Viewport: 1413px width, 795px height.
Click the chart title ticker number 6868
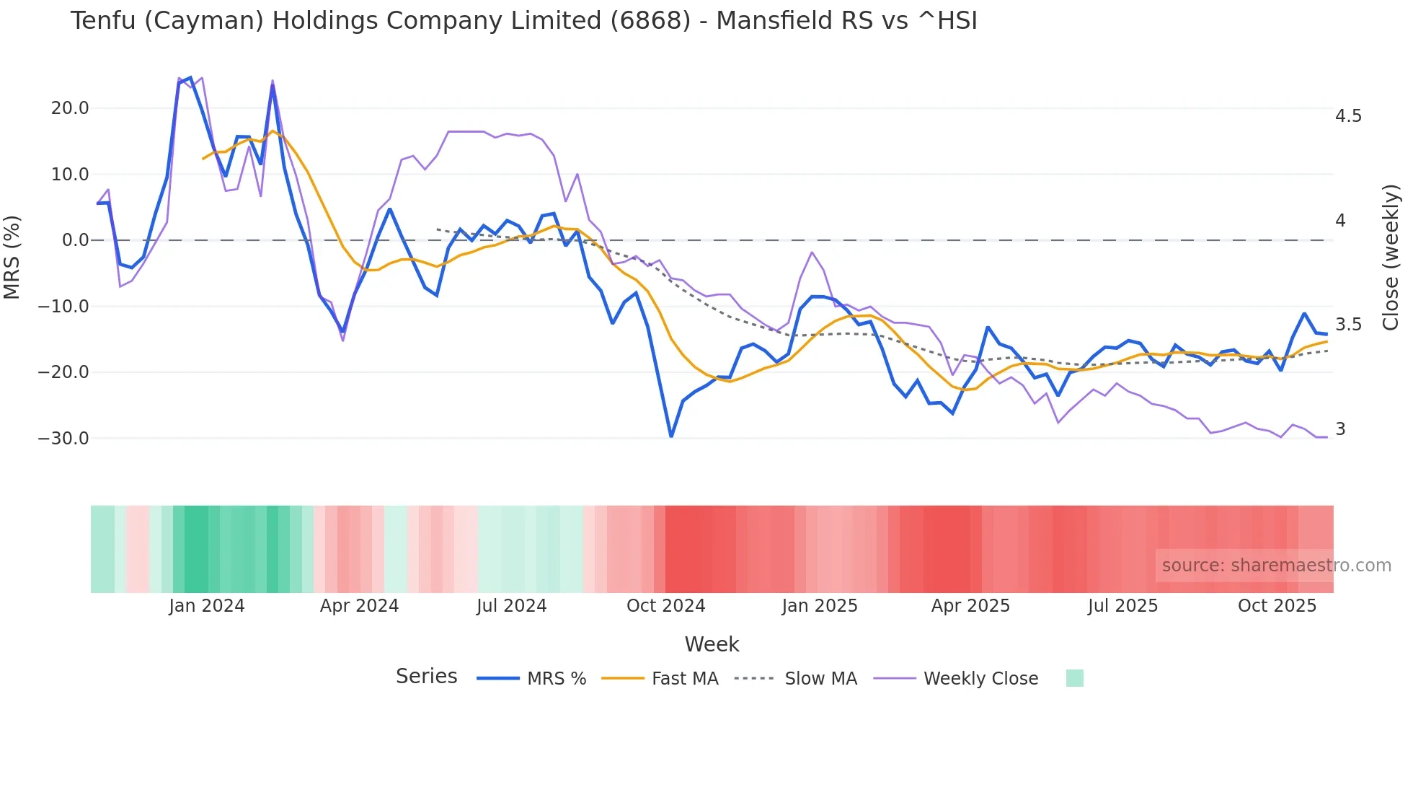point(650,21)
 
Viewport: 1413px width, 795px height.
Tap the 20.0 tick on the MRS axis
point(70,108)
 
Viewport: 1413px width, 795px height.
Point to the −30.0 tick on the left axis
point(63,439)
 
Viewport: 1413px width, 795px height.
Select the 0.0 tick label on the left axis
point(75,240)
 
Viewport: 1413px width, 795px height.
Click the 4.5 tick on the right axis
point(1348,116)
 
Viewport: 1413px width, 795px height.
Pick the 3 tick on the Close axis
point(1340,429)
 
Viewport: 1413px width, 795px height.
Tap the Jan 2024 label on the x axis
point(207,606)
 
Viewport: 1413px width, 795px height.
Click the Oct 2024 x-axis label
point(665,606)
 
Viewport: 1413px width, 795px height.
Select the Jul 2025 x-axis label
point(1122,606)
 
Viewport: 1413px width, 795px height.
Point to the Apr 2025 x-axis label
point(970,606)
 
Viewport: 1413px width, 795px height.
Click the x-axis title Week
point(712,644)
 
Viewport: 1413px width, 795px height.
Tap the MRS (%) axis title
point(12,257)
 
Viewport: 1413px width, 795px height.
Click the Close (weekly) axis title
point(1391,258)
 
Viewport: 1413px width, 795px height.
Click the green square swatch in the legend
point(1074,678)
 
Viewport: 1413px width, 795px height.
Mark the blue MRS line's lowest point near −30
point(671,436)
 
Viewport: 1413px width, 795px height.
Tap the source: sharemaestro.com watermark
point(1276,566)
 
